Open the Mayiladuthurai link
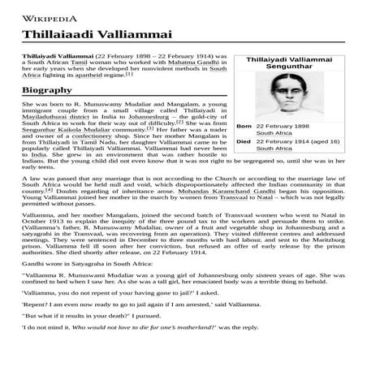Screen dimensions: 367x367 [51, 121]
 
